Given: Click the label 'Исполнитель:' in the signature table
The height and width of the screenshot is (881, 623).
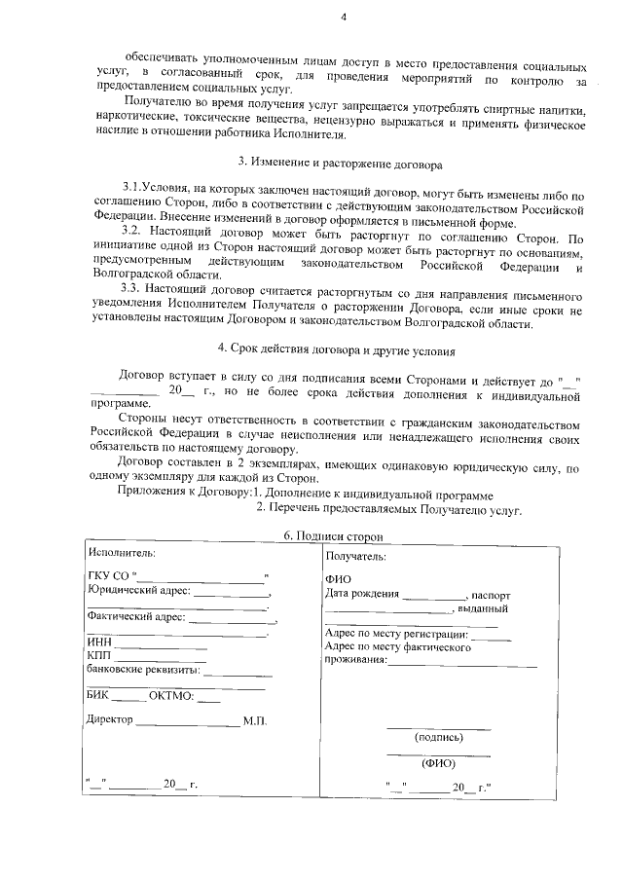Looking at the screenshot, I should [120, 553].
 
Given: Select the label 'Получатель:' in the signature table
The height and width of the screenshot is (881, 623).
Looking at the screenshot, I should [355, 557].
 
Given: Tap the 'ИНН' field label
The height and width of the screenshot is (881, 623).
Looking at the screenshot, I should [98, 642].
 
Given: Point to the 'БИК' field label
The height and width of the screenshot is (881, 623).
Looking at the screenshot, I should [97, 695].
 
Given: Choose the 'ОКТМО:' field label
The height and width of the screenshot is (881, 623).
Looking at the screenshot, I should [171, 695].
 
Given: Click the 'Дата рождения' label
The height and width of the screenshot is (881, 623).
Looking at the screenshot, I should [362, 595].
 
